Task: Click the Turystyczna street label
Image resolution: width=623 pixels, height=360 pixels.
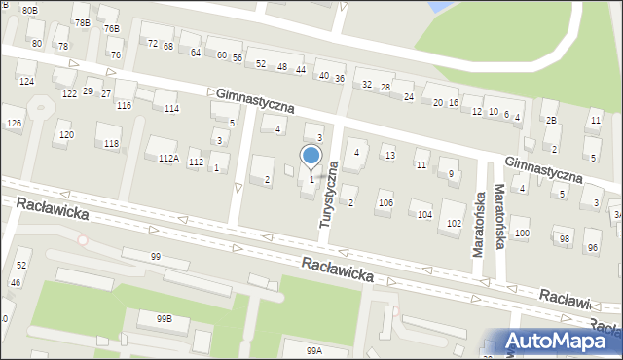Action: tap(331, 195)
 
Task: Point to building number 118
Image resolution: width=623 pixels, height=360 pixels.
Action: tap(111, 144)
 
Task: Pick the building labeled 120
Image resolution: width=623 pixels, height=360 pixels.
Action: tap(65, 135)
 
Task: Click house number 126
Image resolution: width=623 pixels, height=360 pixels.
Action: tap(14, 124)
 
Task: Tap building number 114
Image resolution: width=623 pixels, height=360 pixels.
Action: tap(171, 108)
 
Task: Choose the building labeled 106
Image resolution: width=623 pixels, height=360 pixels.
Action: tap(385, 202)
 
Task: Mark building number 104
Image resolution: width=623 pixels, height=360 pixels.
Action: tap(424, 214)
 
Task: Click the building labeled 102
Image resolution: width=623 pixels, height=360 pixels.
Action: tap(454, 223)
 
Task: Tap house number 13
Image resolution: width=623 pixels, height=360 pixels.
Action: tap(389, 156)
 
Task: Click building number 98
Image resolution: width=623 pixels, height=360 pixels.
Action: tap(564, 238)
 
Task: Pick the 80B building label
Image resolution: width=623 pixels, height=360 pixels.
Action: tap(30, 10)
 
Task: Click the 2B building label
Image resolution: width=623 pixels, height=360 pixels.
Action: tap(551, 121)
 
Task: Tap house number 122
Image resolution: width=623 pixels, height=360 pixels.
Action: tap(69, 93)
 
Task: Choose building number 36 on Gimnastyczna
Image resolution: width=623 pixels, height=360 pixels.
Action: tap(339, 78)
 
